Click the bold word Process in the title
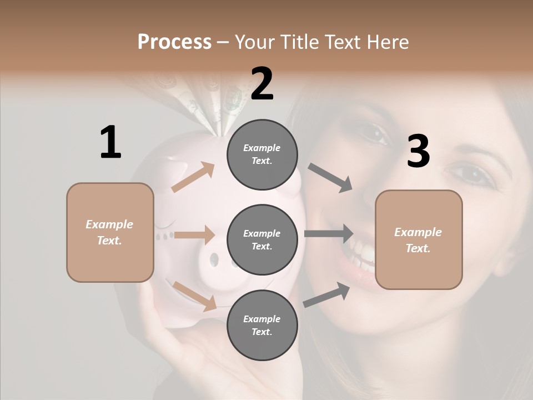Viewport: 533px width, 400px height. (x=174, y=42)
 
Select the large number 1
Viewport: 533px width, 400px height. (x=110, y=142)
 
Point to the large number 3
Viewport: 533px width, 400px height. (x=418, y=152)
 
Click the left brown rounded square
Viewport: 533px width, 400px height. (x=110, y=232)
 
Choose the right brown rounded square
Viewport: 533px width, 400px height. (x=419, y=240)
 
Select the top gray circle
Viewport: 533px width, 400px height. (x=262, y=154)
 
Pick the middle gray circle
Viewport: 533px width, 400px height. (x=262, y=240)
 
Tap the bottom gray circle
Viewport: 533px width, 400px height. (x=262, y=326)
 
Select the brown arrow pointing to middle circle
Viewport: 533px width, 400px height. (x=194, y=235)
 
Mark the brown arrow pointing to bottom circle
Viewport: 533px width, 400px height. (x=195, y=296)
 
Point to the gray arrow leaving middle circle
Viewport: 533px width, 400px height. (x=329, y=234)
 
